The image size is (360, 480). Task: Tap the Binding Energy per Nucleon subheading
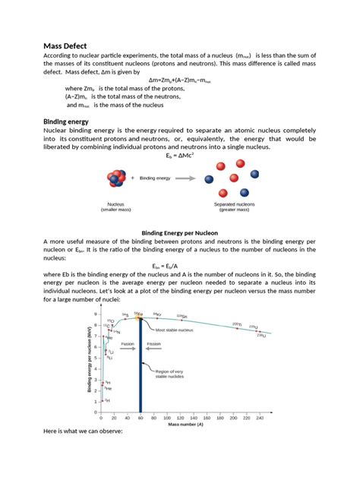click(179, 234)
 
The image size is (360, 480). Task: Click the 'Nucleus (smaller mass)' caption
click(116, 207)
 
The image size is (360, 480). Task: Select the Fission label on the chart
click(154, 343)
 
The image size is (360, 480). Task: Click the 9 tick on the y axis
click(96, 314)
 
